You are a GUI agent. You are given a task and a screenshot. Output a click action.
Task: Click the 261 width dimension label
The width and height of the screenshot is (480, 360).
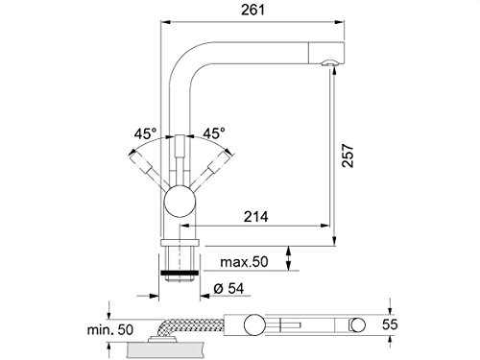[252, 10]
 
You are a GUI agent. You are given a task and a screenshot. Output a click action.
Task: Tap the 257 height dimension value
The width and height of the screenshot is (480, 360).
[348, 156]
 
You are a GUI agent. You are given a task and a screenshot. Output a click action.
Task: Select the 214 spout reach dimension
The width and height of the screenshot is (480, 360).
[255, 217]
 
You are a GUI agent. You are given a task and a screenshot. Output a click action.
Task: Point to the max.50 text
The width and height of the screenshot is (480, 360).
[244, 262]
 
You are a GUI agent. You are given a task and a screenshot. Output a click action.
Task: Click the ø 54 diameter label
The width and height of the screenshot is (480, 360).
[228, 289]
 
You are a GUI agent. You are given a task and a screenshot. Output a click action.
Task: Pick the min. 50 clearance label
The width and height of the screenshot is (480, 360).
[110, 329]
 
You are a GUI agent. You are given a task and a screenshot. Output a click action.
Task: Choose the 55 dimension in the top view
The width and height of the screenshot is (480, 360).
[390, 324]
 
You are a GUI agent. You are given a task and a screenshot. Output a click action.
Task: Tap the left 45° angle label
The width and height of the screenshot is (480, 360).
[146, 133]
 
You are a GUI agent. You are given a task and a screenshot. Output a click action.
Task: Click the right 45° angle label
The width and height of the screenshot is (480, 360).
[214, 133]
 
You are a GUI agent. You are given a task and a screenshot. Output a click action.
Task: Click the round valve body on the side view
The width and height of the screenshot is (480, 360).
[180, 201]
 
